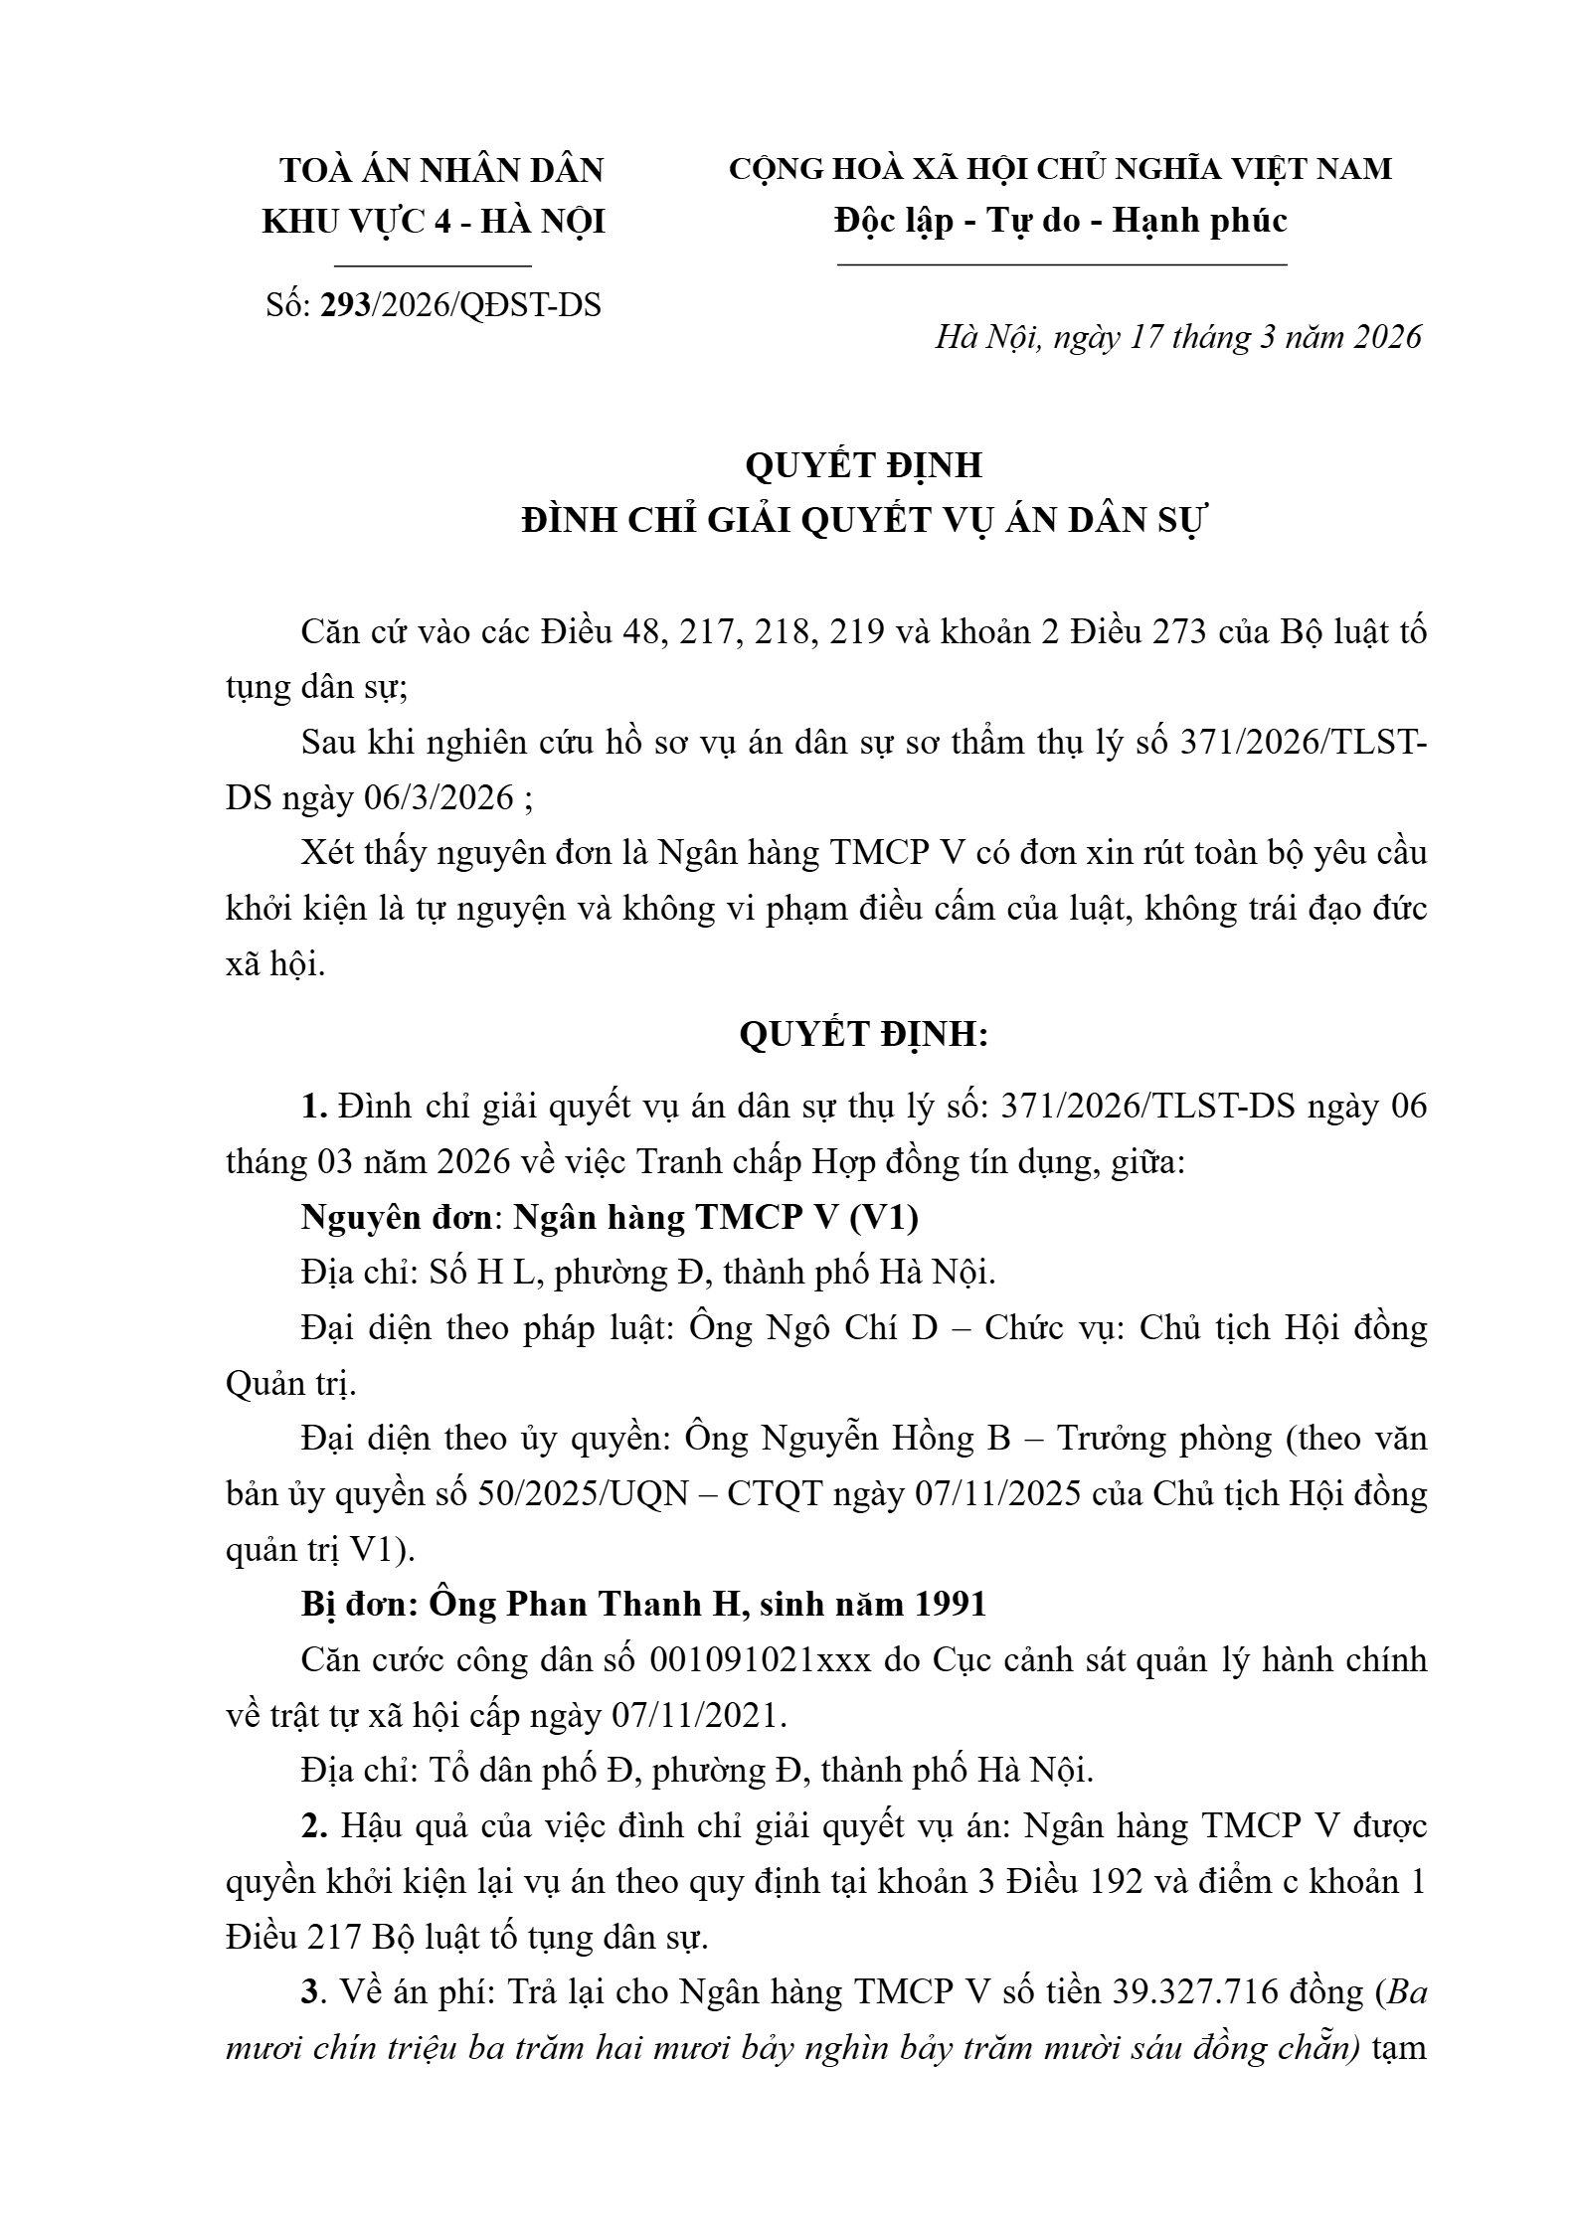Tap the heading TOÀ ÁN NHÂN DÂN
pyautogui.click(x=441, y=170)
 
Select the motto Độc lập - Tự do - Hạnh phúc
pyautogui.click(x=1061, y=220)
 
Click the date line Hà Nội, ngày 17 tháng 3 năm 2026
pyautogui.click(x=1178, y=338)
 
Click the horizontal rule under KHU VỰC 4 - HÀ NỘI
pyautogui.click(x=434, y=266)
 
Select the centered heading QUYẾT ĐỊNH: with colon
pyautogui.click(x=863, y=1035)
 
